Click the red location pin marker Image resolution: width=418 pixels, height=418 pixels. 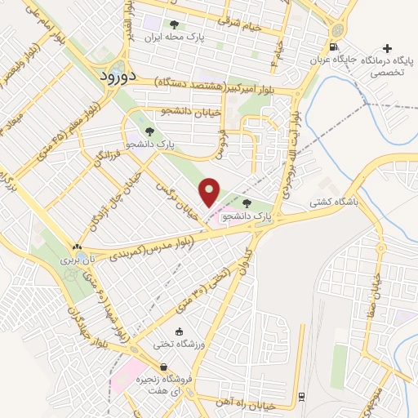[x=211, y=192]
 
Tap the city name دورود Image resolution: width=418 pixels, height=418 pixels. [x=118, y=76]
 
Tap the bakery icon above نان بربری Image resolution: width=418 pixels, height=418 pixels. [x=77, y=247]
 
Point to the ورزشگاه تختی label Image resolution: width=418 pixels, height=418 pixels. [x=179, y=345]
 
